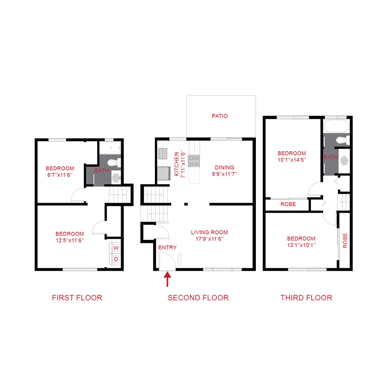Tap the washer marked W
click(x=116, y=248)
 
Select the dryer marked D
click(x=116, y=259)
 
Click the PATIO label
click(x=219, y=116)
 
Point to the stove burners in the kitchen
click(x=194, y=160)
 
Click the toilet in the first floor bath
click(x=114, y=163)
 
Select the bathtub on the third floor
click(x=337, y=126)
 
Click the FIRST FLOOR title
click(x=77, y=298)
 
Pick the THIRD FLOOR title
click(x=306, y=298)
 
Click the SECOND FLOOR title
click(x=198, y=298)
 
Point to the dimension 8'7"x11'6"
click(x=60, y=175)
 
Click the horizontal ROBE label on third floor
click(x=288, y=204)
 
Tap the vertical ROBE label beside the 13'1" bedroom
click(x=345, y=241)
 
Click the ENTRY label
click(x=167, y=248)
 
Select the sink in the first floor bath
click(x=115, y=177)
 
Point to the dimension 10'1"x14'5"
click(x=292, y=160)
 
